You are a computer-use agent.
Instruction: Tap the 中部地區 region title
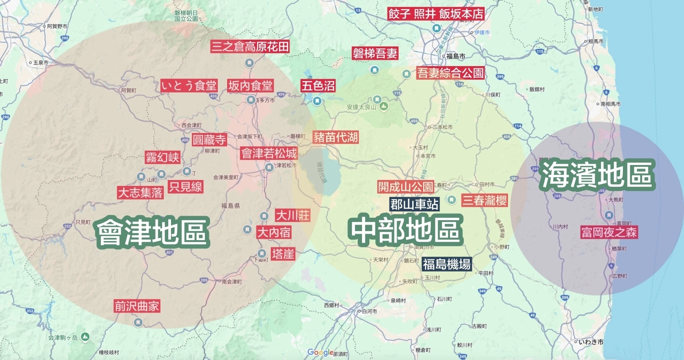click(x=404, y=230)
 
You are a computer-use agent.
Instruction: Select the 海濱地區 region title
click(x=598, y=177)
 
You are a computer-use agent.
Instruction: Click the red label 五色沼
click(x=317, y=86)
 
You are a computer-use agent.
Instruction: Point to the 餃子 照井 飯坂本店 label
click(x=435, y=13)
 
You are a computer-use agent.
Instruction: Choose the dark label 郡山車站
click(x=415, y=204)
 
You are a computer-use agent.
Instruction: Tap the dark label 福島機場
click(x=446, y=264)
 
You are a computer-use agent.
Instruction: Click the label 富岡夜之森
click(x=609, y=232)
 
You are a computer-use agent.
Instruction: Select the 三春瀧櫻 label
click(x=484, y=200)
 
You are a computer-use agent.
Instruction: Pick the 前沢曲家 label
click(x=137, y=306)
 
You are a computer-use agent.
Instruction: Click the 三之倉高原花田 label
click(x=250, y=46)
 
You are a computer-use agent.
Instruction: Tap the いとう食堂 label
click(x=189, y=85)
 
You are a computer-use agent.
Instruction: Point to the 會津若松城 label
click(x=269, y=153)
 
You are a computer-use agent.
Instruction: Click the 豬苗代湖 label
click(x=335, y=137)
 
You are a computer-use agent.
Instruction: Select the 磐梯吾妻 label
click(x=375, y=54)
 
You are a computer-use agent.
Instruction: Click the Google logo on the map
click(x=320, y=352)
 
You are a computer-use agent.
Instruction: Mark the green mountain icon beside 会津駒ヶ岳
click(x=85, y=337)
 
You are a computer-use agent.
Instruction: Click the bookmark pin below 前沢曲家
click(x=138, y=323)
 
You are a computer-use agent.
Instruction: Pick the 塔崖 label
click(x=283, y=253)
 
